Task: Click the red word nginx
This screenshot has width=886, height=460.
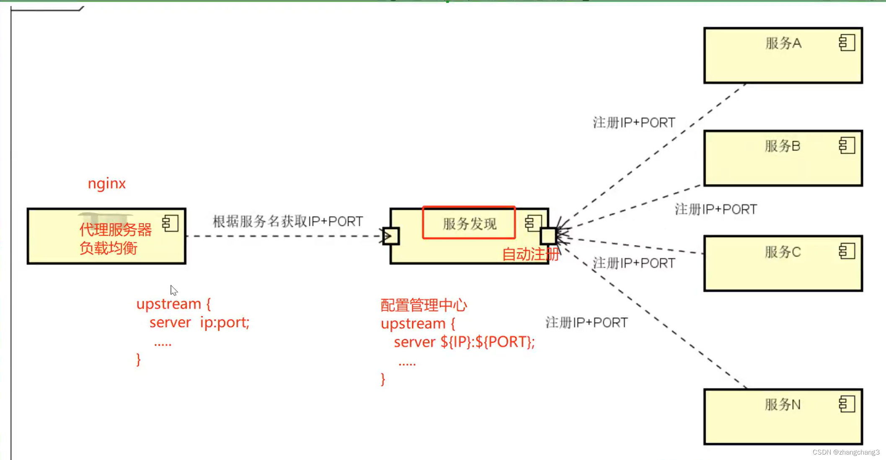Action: point(106,183)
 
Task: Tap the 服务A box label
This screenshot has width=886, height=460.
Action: point(783,43)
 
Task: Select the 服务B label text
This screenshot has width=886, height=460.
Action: point(782,146)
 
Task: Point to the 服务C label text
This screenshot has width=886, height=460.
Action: point(782,252)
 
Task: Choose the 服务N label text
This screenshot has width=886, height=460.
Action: point(782,404)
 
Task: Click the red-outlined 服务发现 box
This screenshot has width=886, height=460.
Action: point(469,223)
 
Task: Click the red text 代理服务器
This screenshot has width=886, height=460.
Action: point(115,230)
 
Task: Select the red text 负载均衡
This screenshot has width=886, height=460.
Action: point(108,248)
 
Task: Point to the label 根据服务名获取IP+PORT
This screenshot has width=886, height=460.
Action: point(288,221)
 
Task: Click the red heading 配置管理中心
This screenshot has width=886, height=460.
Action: point(424,305)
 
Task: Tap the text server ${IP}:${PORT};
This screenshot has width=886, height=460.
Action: point(464,342)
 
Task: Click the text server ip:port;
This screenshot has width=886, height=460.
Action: point(199,322)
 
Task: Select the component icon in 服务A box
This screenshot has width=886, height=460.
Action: point(847,43)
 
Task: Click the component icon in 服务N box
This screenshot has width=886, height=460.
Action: point(847,404)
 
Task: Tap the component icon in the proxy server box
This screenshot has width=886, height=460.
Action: point(170,223)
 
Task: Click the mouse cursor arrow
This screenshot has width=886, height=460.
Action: point(173,290)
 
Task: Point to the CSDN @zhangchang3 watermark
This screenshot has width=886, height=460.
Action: point(846,452)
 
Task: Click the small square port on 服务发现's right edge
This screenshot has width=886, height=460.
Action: point(548,236)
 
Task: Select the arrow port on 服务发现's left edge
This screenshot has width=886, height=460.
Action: point(390,236)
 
